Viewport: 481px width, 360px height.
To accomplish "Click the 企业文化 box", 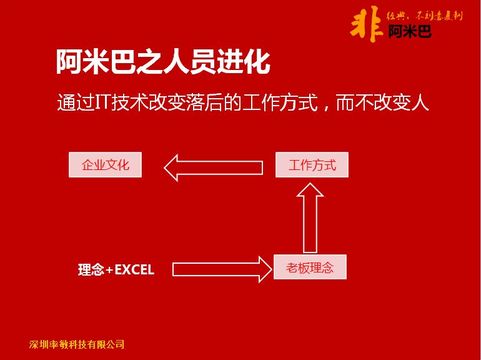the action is click(x=105, y=165).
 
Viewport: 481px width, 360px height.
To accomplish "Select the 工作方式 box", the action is click(x=312, y=165).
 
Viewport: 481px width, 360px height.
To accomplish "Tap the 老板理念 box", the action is click(x=310, y=267).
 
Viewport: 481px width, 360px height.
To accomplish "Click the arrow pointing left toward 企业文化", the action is click(x=214, y=167).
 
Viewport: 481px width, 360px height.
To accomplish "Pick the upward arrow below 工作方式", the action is click(x=310, y=217).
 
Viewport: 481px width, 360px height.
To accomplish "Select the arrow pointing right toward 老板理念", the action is click(x=222, y=269).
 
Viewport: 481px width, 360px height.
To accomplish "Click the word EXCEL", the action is click(x=134, y=270).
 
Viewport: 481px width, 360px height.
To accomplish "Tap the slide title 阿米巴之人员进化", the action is click(x=163, y=62).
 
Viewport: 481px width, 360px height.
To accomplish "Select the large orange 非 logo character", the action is click(x=367, y=25).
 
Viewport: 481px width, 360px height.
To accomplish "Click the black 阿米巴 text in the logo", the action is click(x=410, y=31).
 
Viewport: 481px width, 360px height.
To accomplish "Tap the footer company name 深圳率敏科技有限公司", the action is click(x=77, y=344).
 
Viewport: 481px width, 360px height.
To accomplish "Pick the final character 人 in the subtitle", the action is click(x=420, y=102).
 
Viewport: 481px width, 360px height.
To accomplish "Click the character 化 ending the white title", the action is click(x=257, y=62).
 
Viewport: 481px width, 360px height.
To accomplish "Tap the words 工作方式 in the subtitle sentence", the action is click(x=280, y=102).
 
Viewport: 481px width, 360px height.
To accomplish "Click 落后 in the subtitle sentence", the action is click(x=204, y=102).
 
